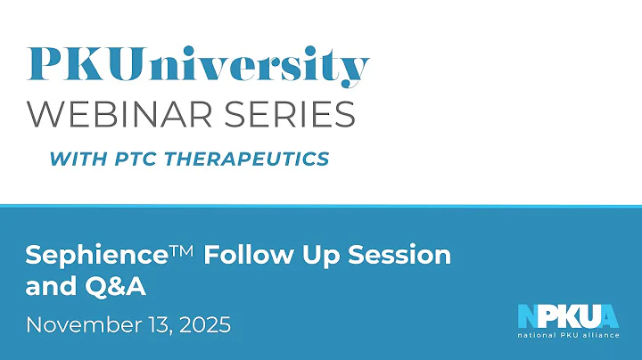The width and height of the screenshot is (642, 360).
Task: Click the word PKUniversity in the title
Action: (197, 64)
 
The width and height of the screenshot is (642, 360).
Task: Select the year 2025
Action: (205, 323)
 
